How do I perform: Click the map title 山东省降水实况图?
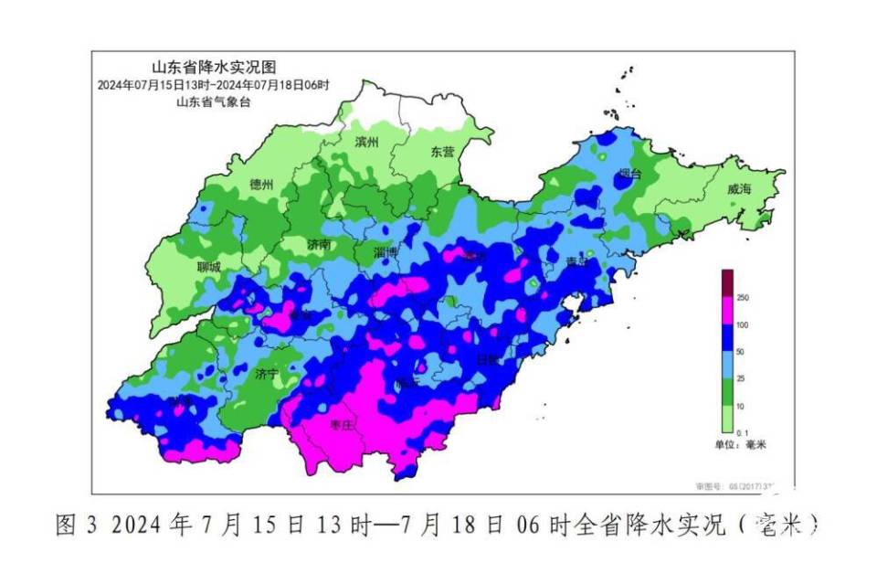coord(213,67)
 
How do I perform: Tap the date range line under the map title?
coord(213,85)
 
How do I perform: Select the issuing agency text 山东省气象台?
coord(213,102)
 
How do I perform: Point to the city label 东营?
coord(442,152)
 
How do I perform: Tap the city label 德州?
coord(261,184)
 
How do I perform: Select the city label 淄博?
coord(386,251)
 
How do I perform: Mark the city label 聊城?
coord(208,268)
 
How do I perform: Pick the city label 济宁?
coord(267,374)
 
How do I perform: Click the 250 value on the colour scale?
coord(743,298)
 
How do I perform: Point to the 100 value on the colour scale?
coord(743,324)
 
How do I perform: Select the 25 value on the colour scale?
coord(743,377)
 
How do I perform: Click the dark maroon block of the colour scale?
coord(727,283)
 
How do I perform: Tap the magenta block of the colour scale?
coord(727,311)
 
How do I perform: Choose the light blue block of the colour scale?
coord(727,364)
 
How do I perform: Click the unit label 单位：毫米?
coord(740,444)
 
